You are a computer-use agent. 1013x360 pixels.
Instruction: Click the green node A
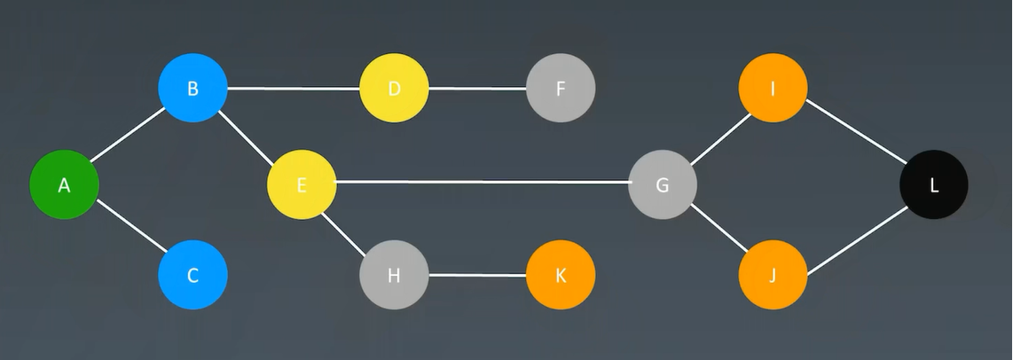pos(64,185)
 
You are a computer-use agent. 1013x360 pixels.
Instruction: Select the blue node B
pos(193,88)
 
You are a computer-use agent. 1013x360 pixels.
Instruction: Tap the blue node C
pos(193,275)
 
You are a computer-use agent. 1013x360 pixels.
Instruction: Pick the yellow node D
pos(394,88)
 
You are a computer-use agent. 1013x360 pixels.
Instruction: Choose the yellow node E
pos(302,185)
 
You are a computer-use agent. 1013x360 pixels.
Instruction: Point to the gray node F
pos(561,88)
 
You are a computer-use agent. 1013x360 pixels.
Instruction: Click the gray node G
pos(663,185)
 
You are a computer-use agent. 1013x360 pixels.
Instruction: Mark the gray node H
pos(394,275)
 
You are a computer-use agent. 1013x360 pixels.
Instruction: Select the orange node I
pos(773,88)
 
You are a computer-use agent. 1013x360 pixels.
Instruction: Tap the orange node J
pos(773,275)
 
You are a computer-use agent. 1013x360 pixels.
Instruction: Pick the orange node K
pos(561,275)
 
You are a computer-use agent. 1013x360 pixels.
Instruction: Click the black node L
pos(934,185)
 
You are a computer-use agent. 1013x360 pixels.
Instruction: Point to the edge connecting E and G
pos(482,183)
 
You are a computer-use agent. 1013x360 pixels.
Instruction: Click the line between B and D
pos(294,88)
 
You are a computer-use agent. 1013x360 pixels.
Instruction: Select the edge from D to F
pos(477,88)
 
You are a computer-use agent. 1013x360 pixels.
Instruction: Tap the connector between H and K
pos(477,275)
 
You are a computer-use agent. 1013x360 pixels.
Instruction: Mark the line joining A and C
pos(129,230)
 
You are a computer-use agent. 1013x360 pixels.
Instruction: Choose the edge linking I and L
pos(853,136)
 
